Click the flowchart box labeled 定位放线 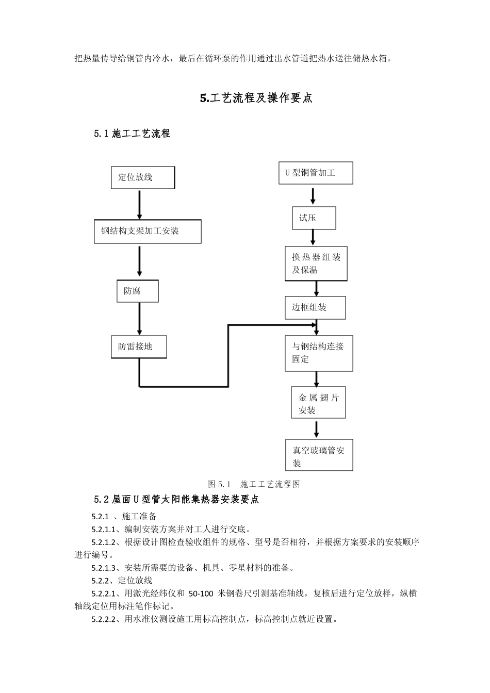point(143,177)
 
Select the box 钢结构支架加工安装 point(148,232)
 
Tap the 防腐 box point(137,291)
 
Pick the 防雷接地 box point(139,346)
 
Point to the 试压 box point(314,218)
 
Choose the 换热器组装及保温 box point(316,263)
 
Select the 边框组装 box point(315,308)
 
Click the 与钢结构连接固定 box point(319,353)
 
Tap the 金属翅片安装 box point(318,403)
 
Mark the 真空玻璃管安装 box point(319,455)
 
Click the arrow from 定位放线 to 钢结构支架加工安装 point(139,205)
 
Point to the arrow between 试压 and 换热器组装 point(313,237)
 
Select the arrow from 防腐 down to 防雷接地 point(139,319)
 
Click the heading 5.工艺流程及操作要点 point(256,98)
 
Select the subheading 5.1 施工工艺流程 point(132,134)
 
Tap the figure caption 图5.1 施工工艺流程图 point(254,484)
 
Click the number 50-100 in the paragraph point(201,593)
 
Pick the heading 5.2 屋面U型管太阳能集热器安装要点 point(176,500)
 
